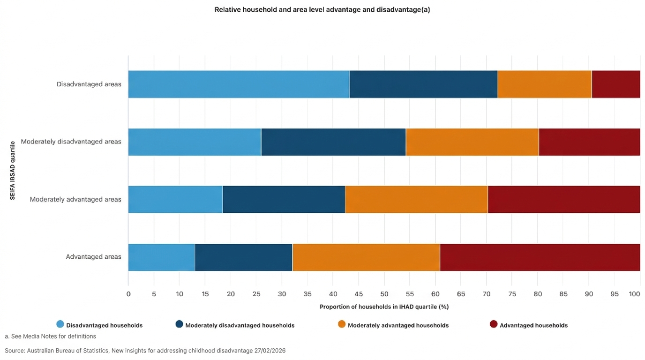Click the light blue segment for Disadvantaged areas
(239, 84)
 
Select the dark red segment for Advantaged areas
(540, 257)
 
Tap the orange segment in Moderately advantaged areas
(416, 200)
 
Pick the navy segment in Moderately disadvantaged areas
(333, 142)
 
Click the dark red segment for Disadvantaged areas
(615, 84)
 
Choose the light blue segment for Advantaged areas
(161, 257)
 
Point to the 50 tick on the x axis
(384, 294)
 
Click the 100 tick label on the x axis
(634, 294)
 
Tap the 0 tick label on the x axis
(128, 294)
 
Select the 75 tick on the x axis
(512, 294)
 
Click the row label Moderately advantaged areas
(75, 199)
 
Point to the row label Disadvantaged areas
(89, 84)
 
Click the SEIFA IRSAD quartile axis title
(13, 171)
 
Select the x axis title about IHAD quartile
(384, 307)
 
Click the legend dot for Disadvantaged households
(60, 324)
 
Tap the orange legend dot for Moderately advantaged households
(342, 324)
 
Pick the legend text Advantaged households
(533, 325)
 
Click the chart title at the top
(322, 10)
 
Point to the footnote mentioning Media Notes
(50, 336)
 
